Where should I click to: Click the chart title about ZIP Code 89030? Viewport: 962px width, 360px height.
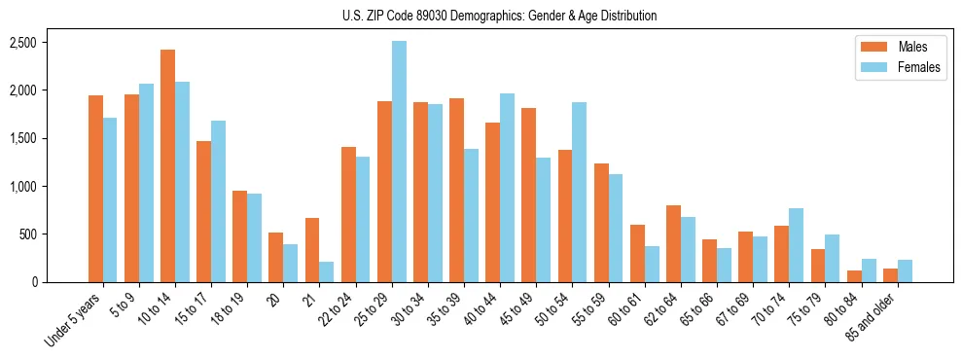(500, 16)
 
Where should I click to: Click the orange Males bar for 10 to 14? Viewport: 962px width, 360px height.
(167, 165)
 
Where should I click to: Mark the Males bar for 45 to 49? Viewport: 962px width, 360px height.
(528, 195)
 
